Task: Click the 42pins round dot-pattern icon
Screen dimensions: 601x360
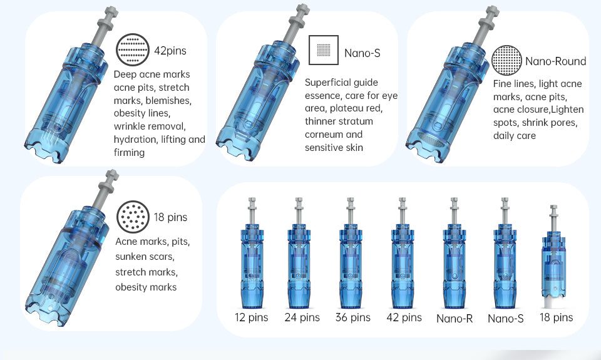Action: pos(133,50)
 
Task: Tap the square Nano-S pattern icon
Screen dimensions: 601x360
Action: pos(324,50)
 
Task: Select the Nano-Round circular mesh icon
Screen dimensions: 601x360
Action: pos(506,60)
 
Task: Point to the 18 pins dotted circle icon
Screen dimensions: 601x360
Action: pos(133,217)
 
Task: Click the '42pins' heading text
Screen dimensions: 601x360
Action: pos(170,51)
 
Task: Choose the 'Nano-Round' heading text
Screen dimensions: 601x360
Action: pos(556,61)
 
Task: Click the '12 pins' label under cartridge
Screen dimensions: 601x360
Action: pos(252,317)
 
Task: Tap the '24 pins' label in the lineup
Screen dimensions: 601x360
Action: pos(302,317)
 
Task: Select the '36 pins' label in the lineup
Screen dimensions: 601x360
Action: pos(353,317)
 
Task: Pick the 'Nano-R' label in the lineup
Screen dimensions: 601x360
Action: pos(455,319)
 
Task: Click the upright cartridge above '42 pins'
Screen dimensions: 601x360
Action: pos(403,253)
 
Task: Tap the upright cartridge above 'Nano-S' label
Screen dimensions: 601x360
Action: pos(505,253)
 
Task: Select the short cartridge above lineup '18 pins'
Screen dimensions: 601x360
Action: pos(554,257)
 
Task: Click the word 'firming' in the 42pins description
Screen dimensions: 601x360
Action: pos(129,153)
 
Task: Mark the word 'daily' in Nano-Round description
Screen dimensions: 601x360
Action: pos(504,136)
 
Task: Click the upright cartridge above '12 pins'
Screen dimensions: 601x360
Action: pos(252,253)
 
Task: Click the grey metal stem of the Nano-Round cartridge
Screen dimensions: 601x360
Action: pos(486,27)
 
